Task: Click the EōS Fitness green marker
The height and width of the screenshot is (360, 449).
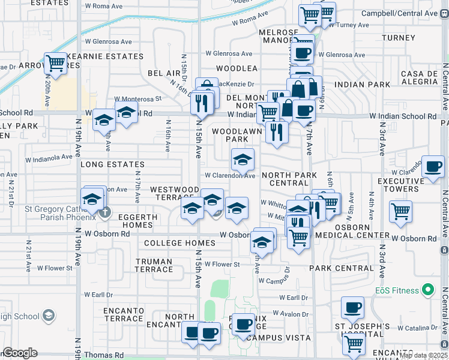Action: pyautogui.click(x=427, y=291)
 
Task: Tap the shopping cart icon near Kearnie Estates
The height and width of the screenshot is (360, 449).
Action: pyautogui.click(x=56, y=62)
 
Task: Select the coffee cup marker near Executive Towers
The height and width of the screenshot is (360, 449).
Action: pyautogui.click(x=432, y=167)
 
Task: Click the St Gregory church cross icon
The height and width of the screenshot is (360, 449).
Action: pyautogui.click(x=105, y=211)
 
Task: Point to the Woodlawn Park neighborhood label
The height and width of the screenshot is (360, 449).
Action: pyautogui.click(x=237, y=135)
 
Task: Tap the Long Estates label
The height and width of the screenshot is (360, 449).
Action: pyautogui.click(x=112, y=164)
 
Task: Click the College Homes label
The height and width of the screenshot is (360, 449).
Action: pyautogui.click(x=180, y=243)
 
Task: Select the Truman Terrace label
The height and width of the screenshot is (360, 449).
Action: pyautogui.click(x=154, y=265)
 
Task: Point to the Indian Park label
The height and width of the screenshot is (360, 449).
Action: pyautogui.click(x=363, y=85)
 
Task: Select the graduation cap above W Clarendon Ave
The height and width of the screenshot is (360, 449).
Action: pyautogui.click(x=243, y=160)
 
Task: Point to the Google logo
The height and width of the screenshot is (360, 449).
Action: pyautogui.click(x=20, y=353)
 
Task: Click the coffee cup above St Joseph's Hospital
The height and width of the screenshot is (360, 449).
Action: pyautogui.click(x=352, y=308)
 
